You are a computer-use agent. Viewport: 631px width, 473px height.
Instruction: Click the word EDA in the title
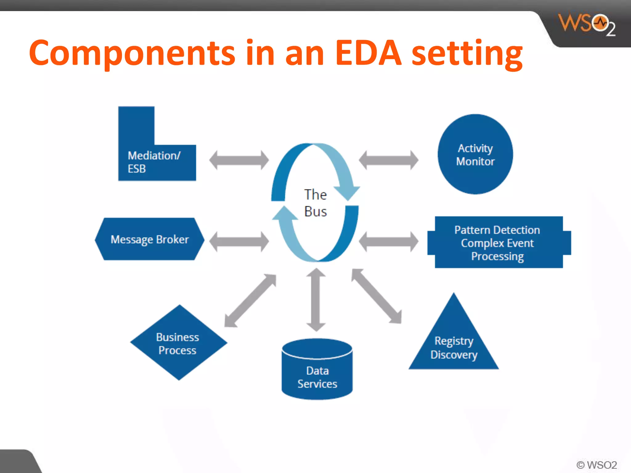pyautogui.click(x=368, y=53)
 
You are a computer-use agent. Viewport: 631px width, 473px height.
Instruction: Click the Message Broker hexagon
pyautogui.click(x=149, y=239)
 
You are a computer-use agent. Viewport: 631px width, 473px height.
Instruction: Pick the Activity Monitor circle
pyautogui.click(x=475, y=154)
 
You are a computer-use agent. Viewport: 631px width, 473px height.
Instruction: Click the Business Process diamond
pyautogui.click(x=178, y=343)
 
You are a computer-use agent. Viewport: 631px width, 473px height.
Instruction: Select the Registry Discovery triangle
pyautogui.click(x=454, y=345)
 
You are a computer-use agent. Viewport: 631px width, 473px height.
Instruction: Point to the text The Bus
pyautogui.click(x=315, y=203)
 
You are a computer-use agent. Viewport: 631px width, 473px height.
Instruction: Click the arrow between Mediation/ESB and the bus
pyautogui.click(x=239, y=160)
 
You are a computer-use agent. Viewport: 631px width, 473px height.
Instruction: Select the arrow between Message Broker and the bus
pyautogui.click(x=239, y=242)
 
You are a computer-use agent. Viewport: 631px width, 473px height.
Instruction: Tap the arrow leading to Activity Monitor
pyautogui.click(x=389, y=160)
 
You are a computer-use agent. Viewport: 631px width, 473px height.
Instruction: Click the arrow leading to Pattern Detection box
pyautogui.click(x=389, y=242)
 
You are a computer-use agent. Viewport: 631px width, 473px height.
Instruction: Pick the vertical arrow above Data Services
pyautogui.click(x=316, y=300)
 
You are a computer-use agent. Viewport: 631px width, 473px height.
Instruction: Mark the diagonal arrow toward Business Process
pyautogui.click(x=250, y=301)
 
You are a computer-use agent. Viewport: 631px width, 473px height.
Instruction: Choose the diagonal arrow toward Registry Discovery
pyautogui.click(x=377, y=296)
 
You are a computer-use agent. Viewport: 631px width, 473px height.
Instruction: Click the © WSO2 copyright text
pyautogui.click(x=596, y=465)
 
